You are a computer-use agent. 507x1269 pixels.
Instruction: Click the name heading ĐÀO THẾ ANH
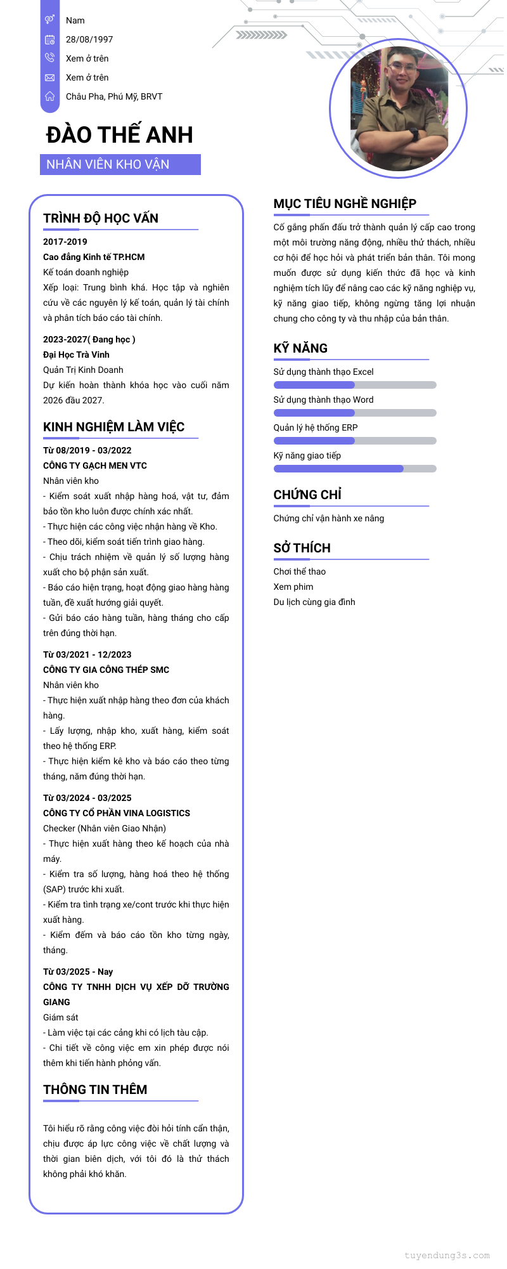pos(119,134)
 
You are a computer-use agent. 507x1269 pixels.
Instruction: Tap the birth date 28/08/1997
pos(89,39)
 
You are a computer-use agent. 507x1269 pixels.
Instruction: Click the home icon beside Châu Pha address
pos(49,96)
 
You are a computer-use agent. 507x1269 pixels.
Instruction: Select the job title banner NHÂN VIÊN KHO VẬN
pos(120,164)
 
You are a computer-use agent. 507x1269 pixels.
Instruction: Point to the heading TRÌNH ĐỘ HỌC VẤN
pos(101,218)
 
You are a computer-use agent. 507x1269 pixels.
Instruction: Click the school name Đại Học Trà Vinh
pos(76,355)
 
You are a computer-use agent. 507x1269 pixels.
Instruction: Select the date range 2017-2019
pos(65,242)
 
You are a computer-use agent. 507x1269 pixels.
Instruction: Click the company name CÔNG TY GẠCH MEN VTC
pos(95,465)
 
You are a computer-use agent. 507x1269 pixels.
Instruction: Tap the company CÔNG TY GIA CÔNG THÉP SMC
pos(106,670)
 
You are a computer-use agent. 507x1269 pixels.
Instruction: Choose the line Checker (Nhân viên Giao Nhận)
pos(105,828)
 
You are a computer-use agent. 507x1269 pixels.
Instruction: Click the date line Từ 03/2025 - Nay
pos(78,972)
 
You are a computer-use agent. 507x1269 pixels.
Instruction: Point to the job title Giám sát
pos(61,1017)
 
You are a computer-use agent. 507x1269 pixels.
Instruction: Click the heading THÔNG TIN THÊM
pos(95,1090)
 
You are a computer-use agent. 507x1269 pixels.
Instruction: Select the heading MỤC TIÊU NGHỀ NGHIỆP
pos(345,204)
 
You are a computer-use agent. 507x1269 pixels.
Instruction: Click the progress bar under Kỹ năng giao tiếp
pos(355,469)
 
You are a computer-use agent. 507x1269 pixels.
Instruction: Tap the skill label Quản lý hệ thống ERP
pos(316,427)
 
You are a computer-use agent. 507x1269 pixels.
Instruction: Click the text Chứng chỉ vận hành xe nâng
pos(329,518)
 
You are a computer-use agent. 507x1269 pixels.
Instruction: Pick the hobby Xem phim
pos(293,587)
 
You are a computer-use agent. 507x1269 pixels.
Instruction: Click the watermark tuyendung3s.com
pos(447,1255)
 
